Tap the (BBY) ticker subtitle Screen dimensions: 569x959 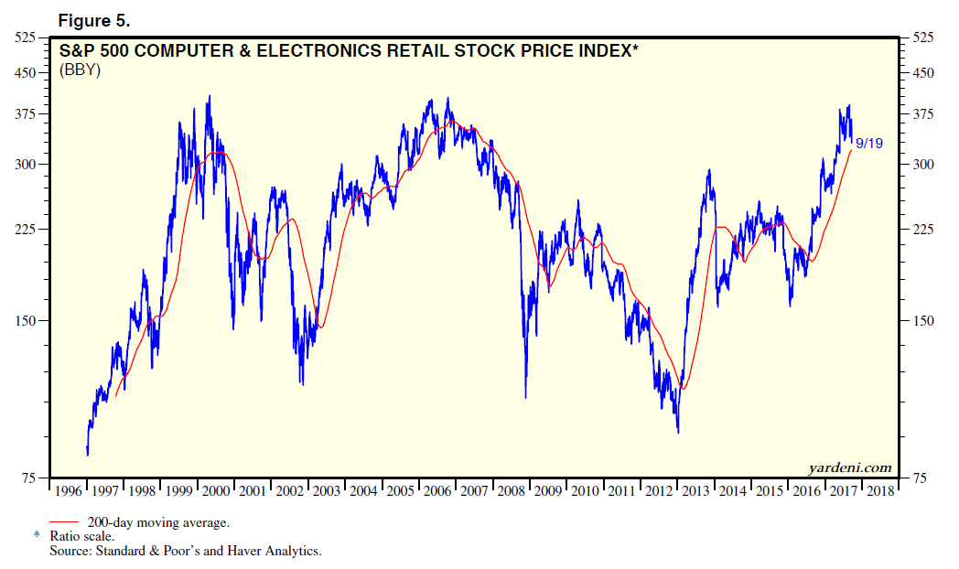(x=81, y=70)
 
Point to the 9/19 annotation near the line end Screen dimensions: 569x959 (x=868, y=143)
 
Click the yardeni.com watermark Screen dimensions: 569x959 (x=850, y=467)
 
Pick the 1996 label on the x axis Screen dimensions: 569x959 (x=70, y=491)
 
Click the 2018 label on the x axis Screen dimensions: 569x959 (x=880, y=491)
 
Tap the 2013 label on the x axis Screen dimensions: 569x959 (x=696, y=491)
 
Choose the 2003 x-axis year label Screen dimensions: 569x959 (x=328, y=491)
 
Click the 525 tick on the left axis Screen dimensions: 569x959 (x=25, y=38)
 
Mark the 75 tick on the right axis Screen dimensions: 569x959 (x=915, y=478)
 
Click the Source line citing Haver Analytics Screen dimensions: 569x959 (x=186, y=551)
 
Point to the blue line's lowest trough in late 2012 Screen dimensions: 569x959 (x=678, y=432)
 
